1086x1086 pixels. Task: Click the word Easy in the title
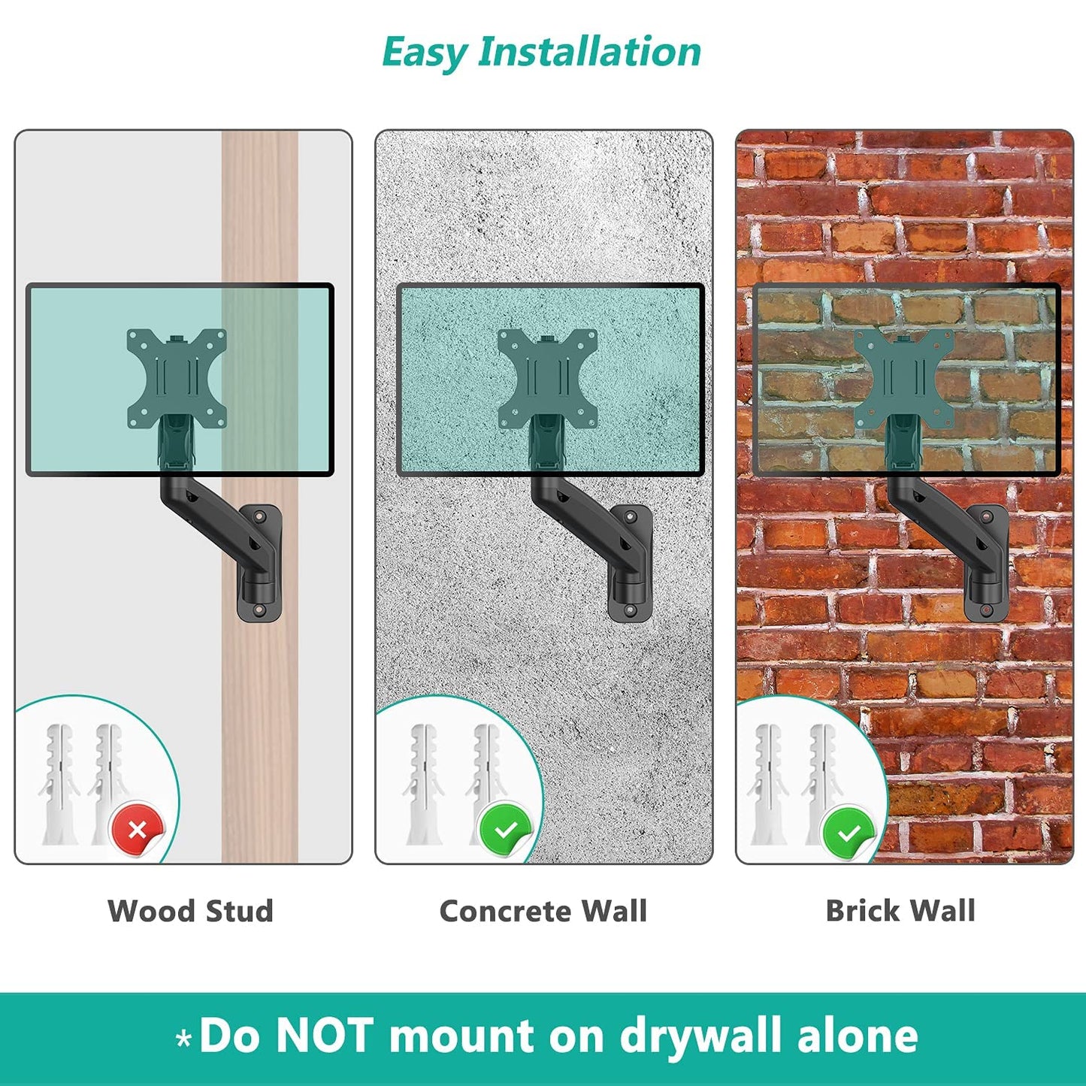[425, 53]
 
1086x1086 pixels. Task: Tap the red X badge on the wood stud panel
[138, 830]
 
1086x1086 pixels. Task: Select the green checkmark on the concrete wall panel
[506, 830]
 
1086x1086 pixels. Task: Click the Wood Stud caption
[190, 912]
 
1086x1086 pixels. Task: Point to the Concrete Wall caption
[543, 912]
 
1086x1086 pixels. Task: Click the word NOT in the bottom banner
[325, 1035]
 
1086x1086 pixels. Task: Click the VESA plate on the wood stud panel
[177, 378]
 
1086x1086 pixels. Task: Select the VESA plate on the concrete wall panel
[547, 378]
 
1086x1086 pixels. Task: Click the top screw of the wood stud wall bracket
[260, 516]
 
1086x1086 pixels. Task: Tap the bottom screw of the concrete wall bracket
[630, 610]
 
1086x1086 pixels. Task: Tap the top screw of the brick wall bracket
[986, 516]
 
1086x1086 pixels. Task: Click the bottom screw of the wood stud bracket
[259, 610]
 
